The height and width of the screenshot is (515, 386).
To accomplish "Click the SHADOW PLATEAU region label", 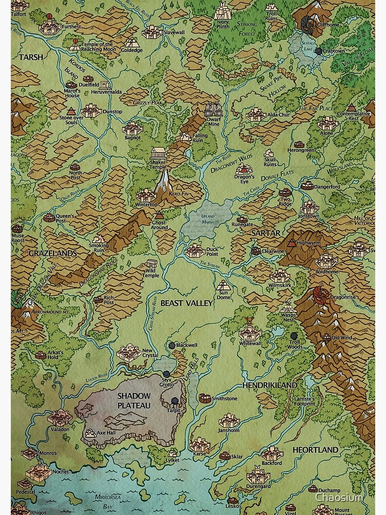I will [133, 400].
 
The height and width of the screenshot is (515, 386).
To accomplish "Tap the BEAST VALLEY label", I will [186, 303].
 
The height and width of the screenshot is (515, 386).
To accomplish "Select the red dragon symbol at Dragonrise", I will [320, 294].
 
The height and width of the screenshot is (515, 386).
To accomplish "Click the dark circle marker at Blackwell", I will [171, 345].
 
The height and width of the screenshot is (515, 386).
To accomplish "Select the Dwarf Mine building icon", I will [214, 110].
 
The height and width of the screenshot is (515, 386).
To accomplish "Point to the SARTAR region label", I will [266, 233].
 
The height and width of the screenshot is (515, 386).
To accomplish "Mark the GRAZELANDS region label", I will [52, 253].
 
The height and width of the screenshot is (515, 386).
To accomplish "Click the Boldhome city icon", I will [326, 260].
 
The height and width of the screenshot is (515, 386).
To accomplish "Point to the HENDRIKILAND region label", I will [270, 385].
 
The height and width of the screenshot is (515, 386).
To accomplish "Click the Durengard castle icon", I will [258, 474].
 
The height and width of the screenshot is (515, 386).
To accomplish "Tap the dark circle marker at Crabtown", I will [318, 51].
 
